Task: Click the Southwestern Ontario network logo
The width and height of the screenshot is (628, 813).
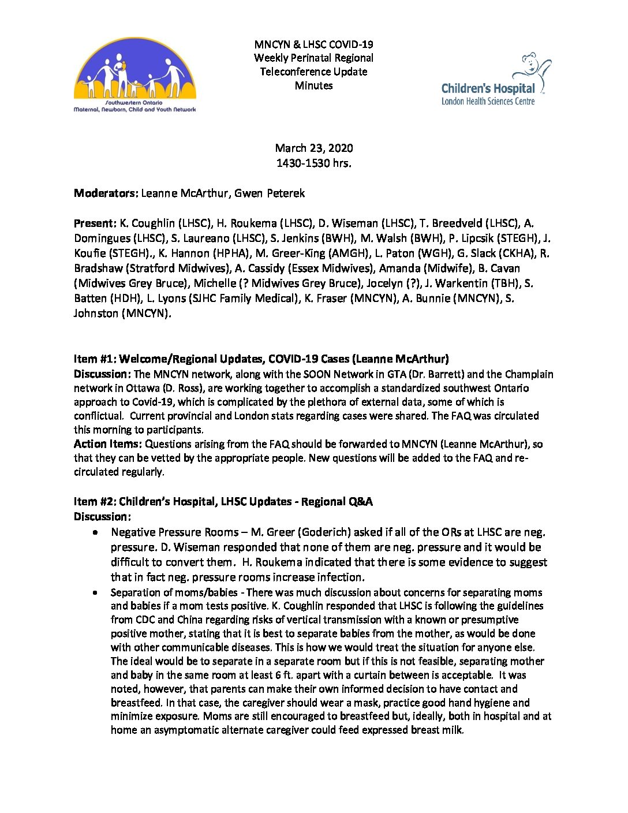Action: (135, 75)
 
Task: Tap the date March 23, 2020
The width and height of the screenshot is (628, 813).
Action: (314, 148)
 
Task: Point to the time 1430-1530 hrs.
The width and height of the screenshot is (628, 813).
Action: (314, 163)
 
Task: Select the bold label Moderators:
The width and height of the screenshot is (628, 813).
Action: (106, 193)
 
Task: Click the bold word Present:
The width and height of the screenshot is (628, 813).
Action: (95, 223)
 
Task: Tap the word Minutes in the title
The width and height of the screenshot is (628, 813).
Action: (314, 85)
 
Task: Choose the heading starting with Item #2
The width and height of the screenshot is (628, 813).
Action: (223, 501)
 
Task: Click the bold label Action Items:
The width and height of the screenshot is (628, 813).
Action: (108, 444)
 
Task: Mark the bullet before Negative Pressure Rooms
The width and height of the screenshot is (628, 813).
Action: (95, 532)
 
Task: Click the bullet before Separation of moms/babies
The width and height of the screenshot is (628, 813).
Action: (95, 592)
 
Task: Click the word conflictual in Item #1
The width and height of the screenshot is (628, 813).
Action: (98, 416)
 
